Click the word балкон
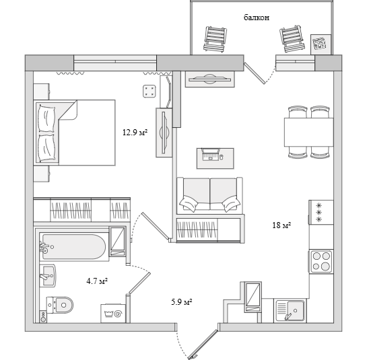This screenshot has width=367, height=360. [257, 17]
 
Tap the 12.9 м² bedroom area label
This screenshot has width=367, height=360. [135, 133]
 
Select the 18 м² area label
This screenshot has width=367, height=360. [281, 225]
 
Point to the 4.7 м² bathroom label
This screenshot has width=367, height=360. [97, 281]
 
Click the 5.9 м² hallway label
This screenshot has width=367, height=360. [182, 302]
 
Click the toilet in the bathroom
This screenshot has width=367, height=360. [60, 305]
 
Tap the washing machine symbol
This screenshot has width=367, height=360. [113, 313]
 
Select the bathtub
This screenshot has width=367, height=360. [74, 247]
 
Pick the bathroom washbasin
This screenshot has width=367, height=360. [48, 276]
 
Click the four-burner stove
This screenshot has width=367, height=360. [321, 261]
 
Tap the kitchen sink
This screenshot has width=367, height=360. [290, 311]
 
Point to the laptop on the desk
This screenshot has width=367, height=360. [211, 154]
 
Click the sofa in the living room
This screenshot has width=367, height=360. [209, 196]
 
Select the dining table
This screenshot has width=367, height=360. [308, 132]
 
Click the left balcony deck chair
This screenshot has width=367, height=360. [215, 39]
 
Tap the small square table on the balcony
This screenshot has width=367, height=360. [321, 44]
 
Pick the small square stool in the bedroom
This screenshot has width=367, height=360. [149, 92]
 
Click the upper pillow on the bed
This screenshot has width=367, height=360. [47, 118]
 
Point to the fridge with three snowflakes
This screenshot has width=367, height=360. [321, 213]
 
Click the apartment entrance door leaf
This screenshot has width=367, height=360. [203, 345]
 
